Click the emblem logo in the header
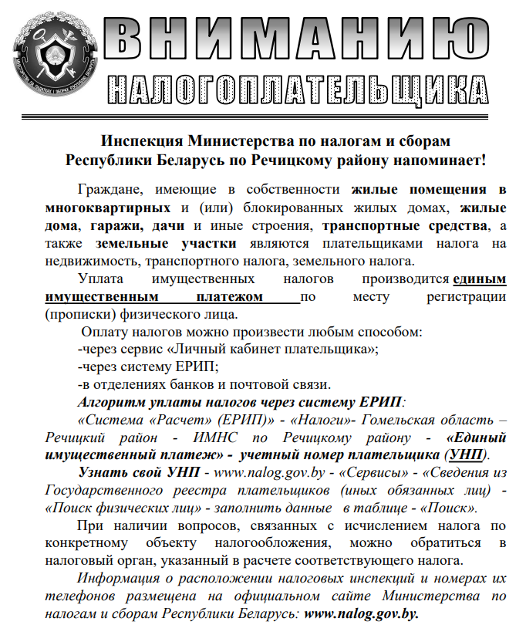click(x=56, y=54)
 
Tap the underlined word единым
click(x=480, y=279)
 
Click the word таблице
click(x=400, y=508)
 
